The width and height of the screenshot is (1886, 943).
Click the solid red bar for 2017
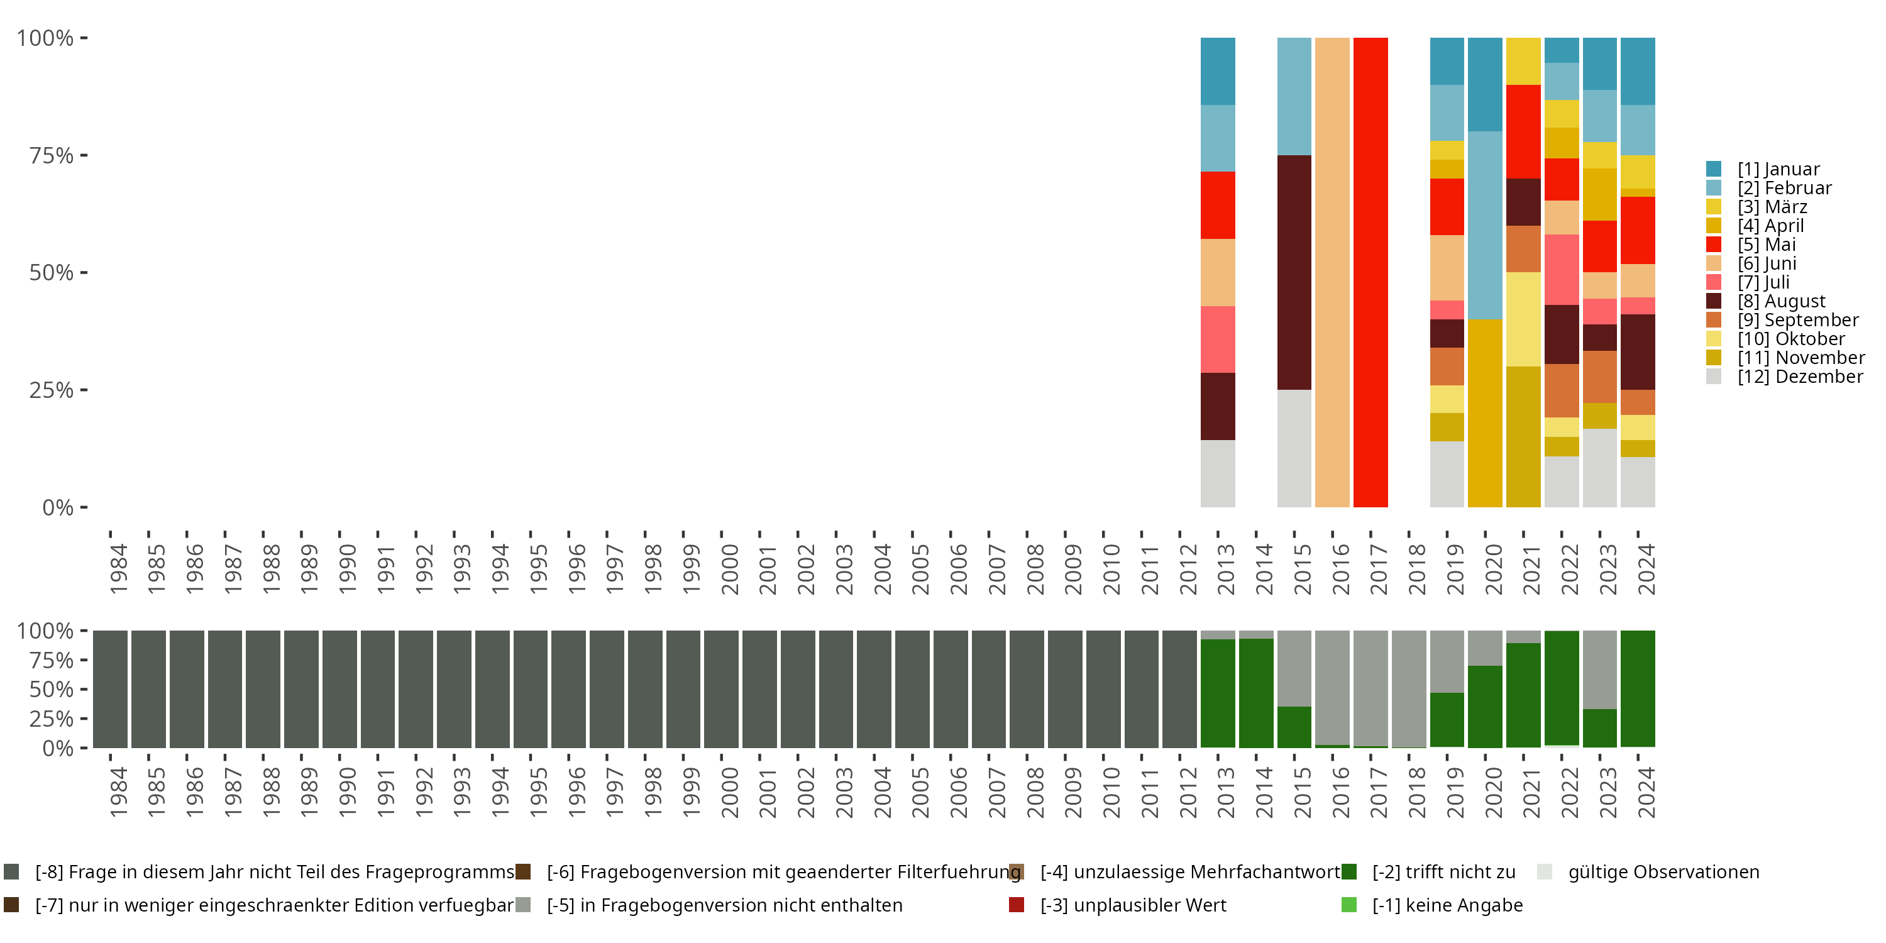coord(1370,272)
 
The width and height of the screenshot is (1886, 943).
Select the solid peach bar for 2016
coord(1332,272)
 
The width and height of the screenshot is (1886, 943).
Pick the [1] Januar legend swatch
coord(1713,169)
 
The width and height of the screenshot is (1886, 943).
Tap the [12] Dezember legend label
coord(1800,377)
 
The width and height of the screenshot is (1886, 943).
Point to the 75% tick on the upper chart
coord(84,155)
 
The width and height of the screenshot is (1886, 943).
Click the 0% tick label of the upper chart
coord(58,507)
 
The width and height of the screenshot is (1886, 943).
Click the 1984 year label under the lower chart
coord(118,792)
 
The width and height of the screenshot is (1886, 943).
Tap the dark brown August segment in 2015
coord(1294,272)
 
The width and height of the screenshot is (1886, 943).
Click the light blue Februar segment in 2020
coord(1485,225)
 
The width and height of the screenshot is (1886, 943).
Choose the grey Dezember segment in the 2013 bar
coord(1218,473)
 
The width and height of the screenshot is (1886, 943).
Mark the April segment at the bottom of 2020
coord(1485,413)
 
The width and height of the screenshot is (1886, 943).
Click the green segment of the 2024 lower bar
coord(1637,688)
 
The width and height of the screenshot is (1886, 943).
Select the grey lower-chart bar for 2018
coord(1408,688)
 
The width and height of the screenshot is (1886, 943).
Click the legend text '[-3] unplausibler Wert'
coord(1133,905)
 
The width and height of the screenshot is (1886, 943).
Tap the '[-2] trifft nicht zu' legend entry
coord(1443,872)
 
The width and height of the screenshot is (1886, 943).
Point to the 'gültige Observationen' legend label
coord(1663,872)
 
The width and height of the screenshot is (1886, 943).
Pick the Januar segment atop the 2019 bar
coord(1447,61)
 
